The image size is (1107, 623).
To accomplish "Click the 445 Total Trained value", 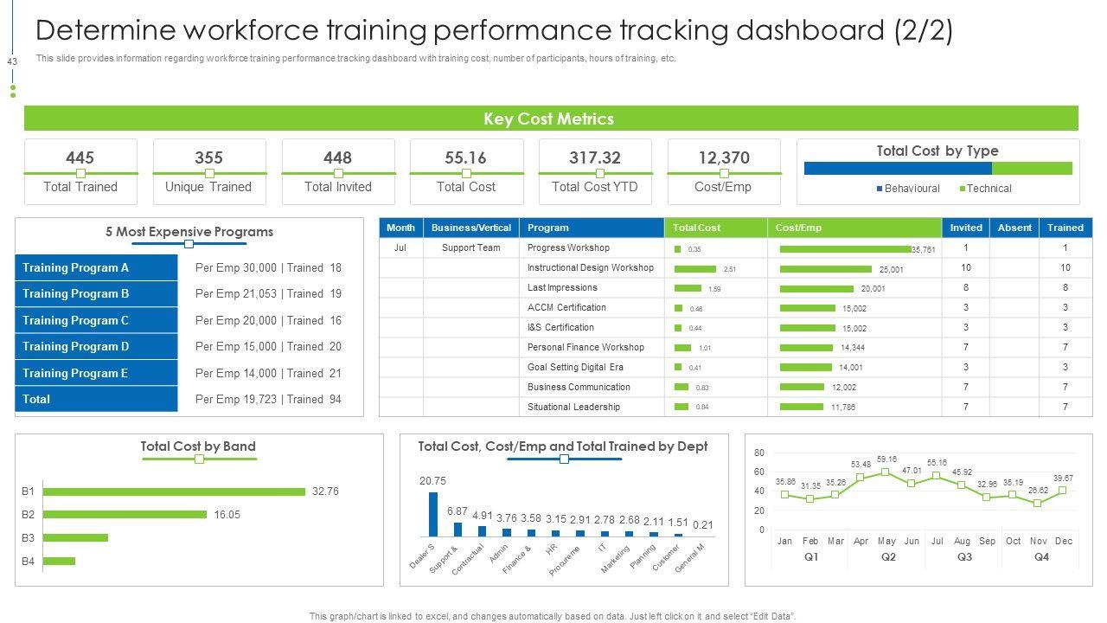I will [x=80, y=157].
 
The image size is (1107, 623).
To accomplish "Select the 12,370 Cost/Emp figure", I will [x=724, y=157].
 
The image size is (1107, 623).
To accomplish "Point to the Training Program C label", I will [x=76, y=320].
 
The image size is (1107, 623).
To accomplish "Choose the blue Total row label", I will [x=36, y=399].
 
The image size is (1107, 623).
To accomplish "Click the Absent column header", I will [x=1014, y=228].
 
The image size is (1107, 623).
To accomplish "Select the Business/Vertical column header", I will [x=471, y=228].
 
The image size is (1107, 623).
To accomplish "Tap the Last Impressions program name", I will [x=562, y=287].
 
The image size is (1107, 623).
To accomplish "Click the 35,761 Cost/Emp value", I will [x=924, y=250].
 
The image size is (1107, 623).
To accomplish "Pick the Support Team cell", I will [x=471, y=247].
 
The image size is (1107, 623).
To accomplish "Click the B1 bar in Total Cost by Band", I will [x=174, y=491].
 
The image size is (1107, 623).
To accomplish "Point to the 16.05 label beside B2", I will [x=227, y=515].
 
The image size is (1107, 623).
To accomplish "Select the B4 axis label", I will [x=29, y=562].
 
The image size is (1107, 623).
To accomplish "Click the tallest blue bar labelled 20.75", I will [x=433, y=515].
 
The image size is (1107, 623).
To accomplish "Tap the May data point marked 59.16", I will [x=886, y=472].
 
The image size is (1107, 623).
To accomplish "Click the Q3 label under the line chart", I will [x=964, y=557].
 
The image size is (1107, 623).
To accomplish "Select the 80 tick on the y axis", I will [x=759, y=453].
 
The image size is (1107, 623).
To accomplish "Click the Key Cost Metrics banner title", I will [x=548, y=119].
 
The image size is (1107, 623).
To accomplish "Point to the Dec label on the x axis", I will [x=1064, y=541].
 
